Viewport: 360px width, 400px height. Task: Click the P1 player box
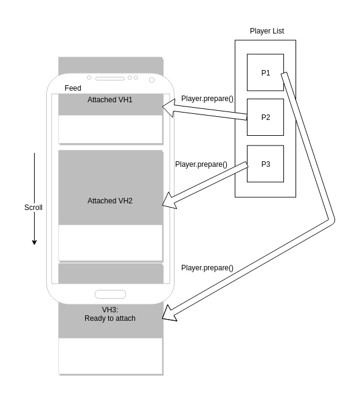pyautogui.click(x=265, y=72)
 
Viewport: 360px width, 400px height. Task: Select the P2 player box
pyautogui.click(x=265, y=117)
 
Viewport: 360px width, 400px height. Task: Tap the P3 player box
pyautogui.click(x=265, y=164)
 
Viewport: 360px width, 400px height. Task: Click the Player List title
pyautogui.click(x=266, y=31)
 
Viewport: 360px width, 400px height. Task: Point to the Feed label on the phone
pyautogui.click(x=73, y=88)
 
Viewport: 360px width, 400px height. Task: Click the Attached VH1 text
pyautogui.click(x=109, y=99)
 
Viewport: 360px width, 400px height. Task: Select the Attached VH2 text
pyautogui.click(x=109, y=200)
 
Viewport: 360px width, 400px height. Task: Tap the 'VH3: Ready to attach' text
pyautogui.click(x=110, y=314)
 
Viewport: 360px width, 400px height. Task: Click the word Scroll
pyautogui.click(x=33, y=208)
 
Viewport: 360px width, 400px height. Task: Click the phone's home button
pyautogui.click(x=110, y=294)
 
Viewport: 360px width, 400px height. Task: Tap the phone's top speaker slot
pyautogui.click(x=109, y=79)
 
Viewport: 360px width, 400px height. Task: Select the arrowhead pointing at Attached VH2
pyautogui.click(x=169, y=200)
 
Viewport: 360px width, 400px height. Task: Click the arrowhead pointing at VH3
pyautogui.click(x=169, y=314)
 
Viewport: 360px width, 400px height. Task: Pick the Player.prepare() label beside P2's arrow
pyautogui.click(x=207, y=99)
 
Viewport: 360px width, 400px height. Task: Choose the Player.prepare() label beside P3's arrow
pyautogui.click(x=201, y=164)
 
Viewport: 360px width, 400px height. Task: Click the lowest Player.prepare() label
pyautogui.click(x=207, y=267)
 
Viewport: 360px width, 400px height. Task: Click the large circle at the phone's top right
pyautogui.click(x=151, y=80)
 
